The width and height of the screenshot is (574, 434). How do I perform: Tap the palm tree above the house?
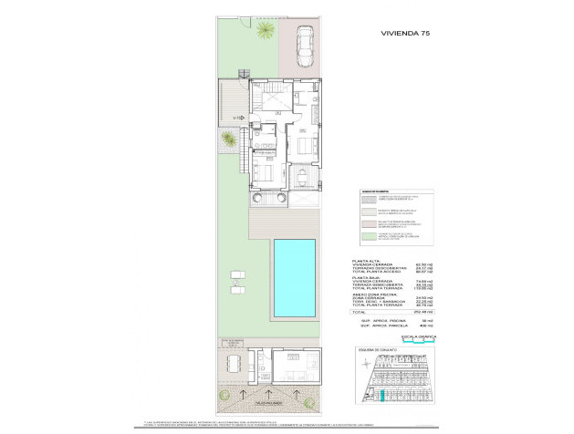tap(264, 32)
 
